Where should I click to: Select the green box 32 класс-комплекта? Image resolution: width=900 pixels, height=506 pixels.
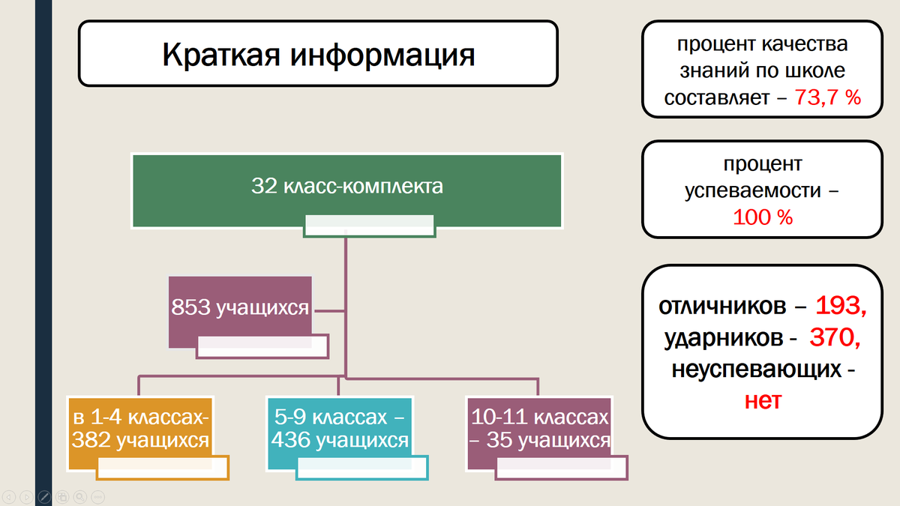tap(346, 187)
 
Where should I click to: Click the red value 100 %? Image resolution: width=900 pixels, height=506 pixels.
tap(762, 217)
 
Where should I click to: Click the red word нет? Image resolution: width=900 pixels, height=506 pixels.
tap(763, 401)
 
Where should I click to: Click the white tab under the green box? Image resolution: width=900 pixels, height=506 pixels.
tap(370, 226)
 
